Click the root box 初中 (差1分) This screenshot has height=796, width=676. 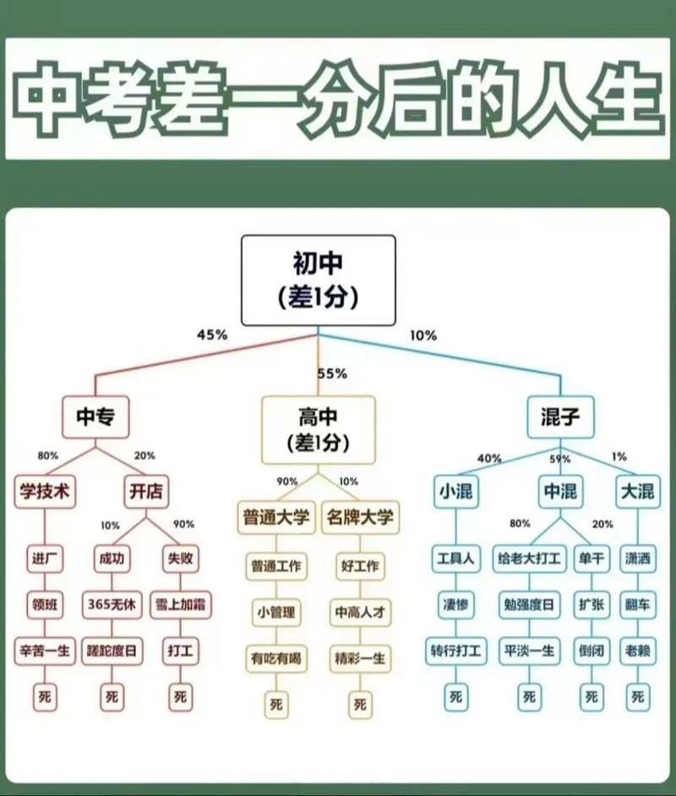pos(319,281)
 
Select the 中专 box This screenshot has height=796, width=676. pos(95,417)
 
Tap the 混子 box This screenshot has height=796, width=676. pos(560,417)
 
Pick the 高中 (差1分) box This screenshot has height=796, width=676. pos(319,430)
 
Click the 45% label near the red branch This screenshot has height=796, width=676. pos(212,335)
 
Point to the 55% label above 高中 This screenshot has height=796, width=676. pos(332,373)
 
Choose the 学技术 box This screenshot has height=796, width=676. pos(45,492)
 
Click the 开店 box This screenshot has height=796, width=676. pos(146,492)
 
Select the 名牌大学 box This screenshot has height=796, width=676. pos(360,517)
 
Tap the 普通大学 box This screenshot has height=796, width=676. pos(276,517)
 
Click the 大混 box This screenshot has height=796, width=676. pos(638,492)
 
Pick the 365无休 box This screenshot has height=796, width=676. pos(112,605)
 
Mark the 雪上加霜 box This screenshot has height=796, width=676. pos(181,605)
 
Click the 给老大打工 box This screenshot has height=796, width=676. pos(529,559)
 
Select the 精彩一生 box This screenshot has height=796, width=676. pos(360,658)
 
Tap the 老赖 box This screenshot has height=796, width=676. pos(638,651)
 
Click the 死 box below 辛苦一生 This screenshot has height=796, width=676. pos(45,697)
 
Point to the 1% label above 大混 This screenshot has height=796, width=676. pos(619,456)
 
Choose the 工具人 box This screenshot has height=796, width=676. pos(455,559)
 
